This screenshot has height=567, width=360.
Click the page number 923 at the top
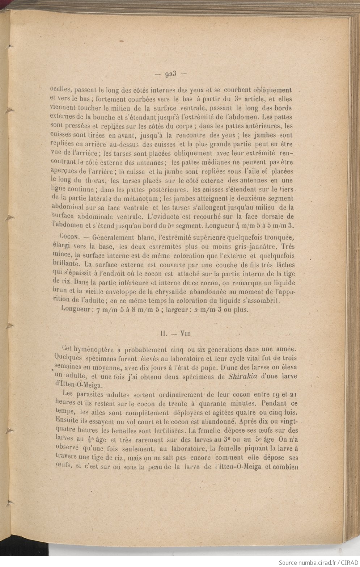pyautogui.click(x=170, y=75)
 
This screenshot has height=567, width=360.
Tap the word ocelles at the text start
pyautogui.click(x=61, y=90)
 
